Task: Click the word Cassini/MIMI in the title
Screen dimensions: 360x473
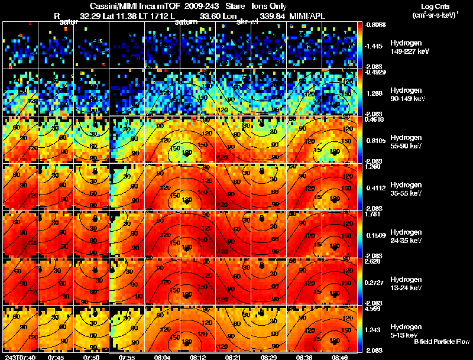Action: click(110, 6)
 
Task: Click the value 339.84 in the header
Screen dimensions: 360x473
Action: click(271, 16)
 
